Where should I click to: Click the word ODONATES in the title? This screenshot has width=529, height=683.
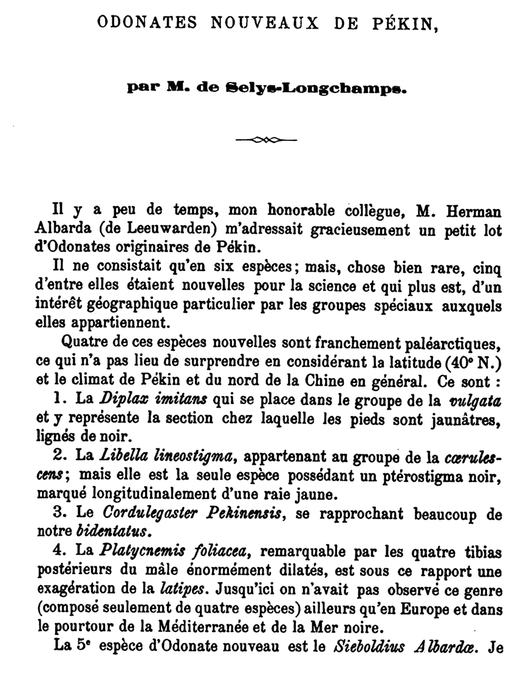click(148, 22)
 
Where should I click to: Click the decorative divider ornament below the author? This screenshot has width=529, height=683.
click(265, 140)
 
